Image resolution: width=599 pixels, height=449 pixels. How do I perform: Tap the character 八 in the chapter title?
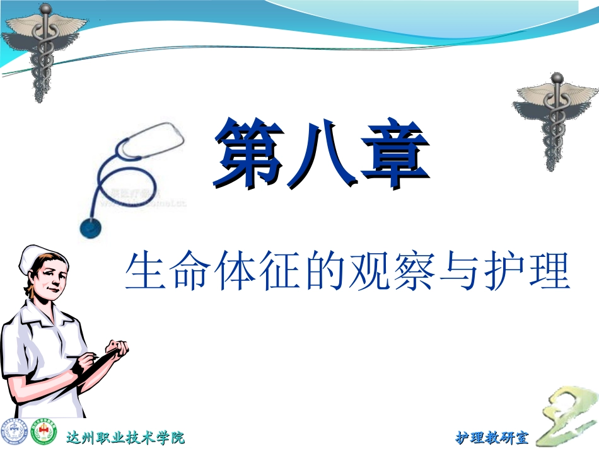click(322, 153)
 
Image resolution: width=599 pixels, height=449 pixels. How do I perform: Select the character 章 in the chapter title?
click(394, 153)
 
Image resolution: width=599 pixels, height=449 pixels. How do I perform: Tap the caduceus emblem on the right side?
click(554, 120)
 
